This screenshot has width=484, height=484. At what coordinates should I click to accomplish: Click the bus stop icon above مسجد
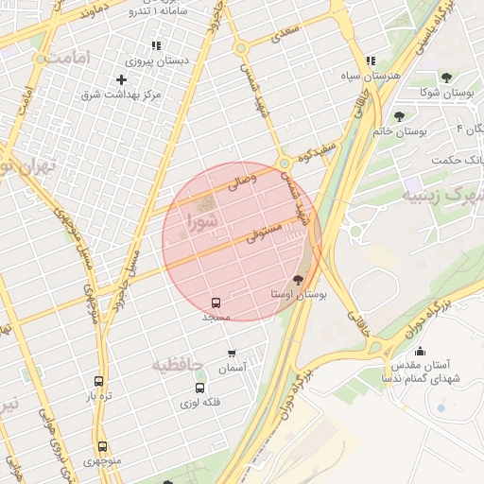point(216,303)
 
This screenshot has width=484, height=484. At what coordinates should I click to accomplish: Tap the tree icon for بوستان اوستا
point(299,280)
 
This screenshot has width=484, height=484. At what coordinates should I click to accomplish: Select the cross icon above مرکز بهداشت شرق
point(121,79)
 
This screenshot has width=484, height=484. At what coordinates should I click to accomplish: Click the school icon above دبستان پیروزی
point(156,45)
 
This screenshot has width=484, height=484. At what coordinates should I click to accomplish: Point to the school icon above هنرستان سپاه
point(371,60)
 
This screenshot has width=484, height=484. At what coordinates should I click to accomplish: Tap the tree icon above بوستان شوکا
point(445,78)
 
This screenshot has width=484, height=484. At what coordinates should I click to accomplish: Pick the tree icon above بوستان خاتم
point(400,116)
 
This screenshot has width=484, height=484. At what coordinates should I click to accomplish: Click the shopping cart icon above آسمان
point(232,353)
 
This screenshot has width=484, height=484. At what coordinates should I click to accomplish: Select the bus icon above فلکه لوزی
point(199,388)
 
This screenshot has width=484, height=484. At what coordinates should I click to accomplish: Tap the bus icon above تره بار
point(99,381)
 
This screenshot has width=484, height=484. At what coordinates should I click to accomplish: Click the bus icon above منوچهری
point(102,446)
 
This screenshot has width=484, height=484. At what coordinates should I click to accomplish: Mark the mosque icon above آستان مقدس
point(420,351)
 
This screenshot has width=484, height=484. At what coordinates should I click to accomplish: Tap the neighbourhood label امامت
point(63,60)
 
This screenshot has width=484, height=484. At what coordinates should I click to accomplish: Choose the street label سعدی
point(284,35)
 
